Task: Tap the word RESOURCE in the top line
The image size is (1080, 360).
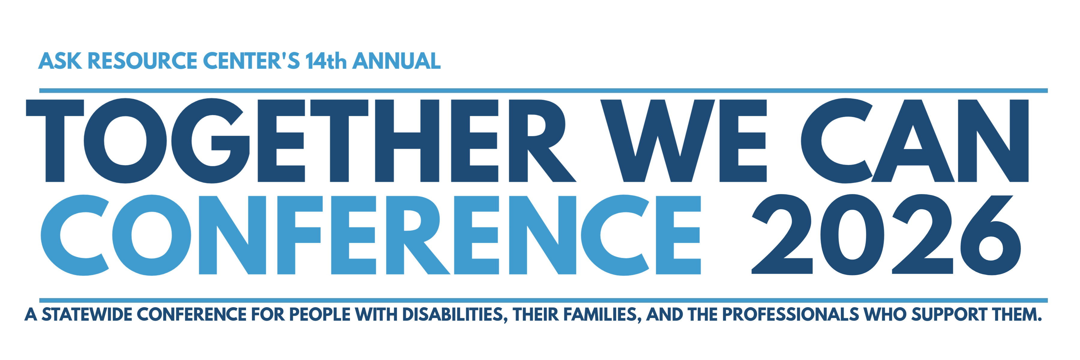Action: pos(142,61)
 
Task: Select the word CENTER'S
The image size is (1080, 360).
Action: pos(252,61)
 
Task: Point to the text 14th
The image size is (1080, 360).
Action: pos(326,61)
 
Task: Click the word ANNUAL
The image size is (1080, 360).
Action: pos(397,61)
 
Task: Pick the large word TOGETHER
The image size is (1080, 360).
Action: pos(301,141)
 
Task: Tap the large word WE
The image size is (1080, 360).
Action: pos(683,141)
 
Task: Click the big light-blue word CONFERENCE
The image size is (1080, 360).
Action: pos(370,235)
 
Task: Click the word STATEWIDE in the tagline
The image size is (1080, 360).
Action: pos(87,314)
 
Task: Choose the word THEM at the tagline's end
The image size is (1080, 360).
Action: pos(1017,314)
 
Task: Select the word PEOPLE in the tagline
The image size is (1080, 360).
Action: pos(319,314)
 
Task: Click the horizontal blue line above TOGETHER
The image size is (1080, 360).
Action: pos(543,91)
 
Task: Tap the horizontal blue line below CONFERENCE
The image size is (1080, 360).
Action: pos(543,300)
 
